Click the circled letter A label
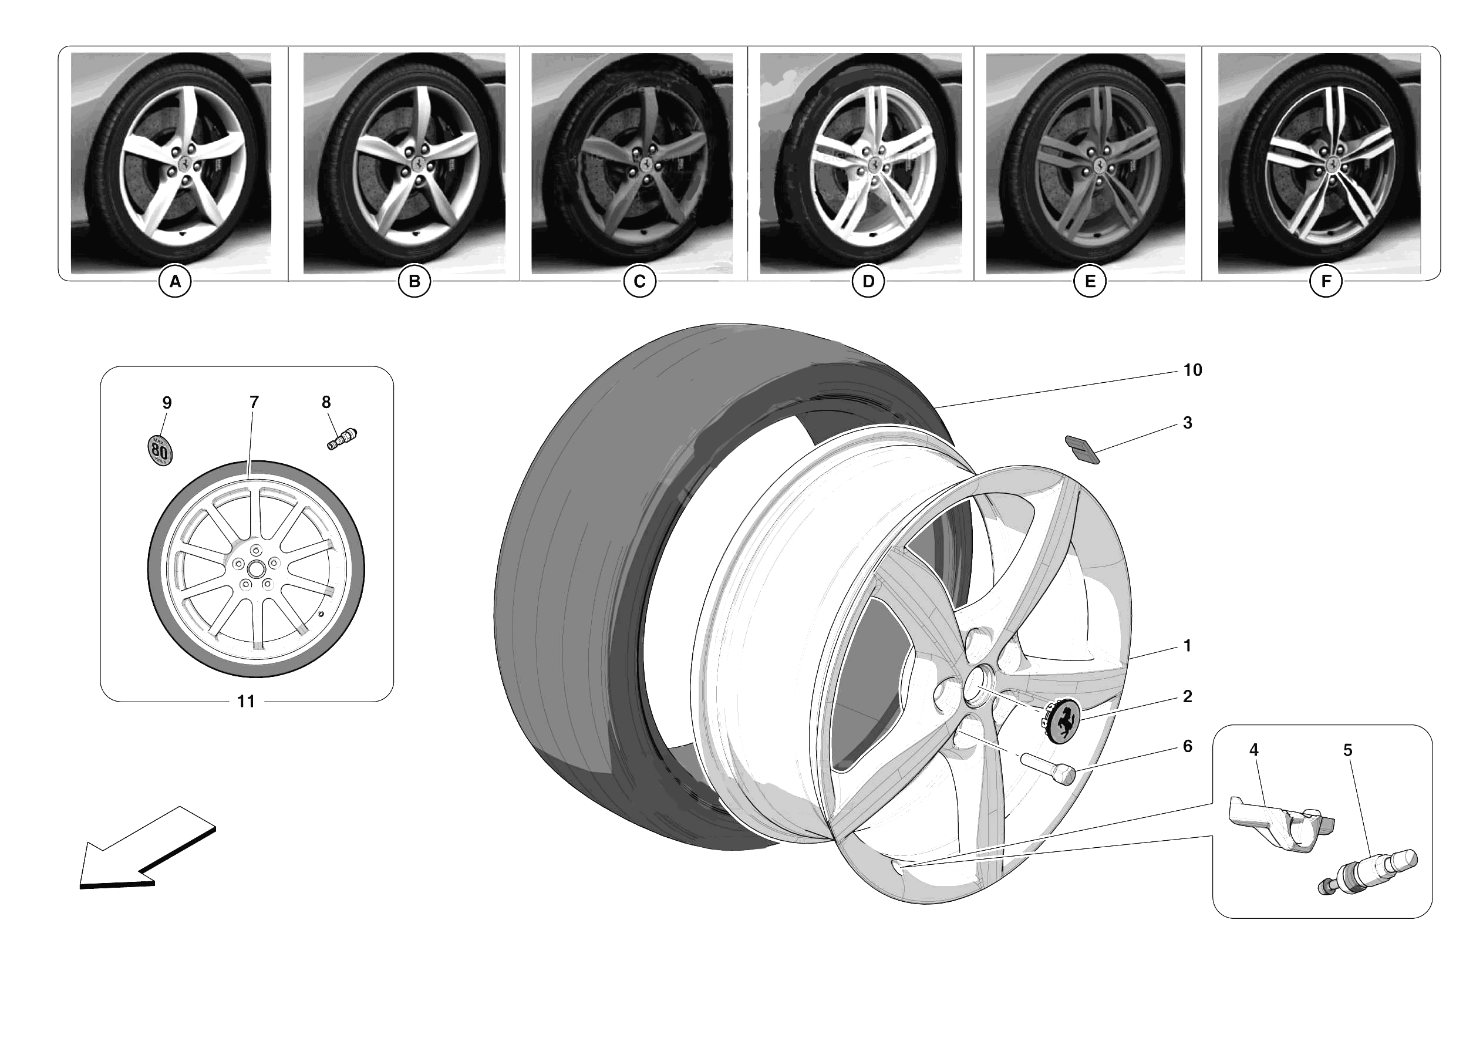(175, 282)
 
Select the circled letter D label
(868, 282)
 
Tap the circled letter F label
(1326, 282)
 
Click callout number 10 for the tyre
(1192, 370)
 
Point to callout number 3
(1187, 423)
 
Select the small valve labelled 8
(342, 439)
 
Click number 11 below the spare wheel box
(245, 702)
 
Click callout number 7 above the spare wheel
(254, 403)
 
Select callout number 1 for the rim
(1187, 646)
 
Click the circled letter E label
(1090, 282)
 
